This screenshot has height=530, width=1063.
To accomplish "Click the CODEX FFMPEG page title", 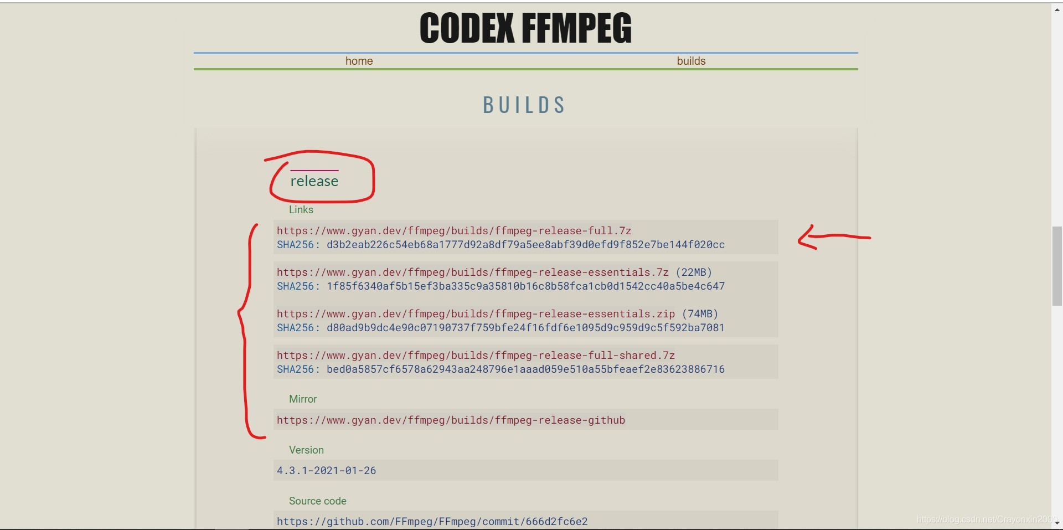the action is tap(525, 28).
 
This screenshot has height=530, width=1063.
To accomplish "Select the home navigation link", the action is tap(359, 61).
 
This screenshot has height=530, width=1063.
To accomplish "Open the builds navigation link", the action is tap(691, 61).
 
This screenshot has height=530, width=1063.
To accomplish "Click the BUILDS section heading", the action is tap(524, 105).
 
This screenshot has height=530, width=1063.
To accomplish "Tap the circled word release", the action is tap(314, 181).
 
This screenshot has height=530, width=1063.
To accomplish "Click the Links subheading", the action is tap(301, 209).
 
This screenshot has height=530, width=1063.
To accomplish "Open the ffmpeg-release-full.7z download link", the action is tap(454, 230).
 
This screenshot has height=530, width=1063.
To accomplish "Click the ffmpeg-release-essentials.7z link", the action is tap(473, 272).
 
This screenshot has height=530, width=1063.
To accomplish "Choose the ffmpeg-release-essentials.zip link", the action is tap(476, 313).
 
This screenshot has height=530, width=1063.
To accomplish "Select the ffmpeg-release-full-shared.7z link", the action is tap(476, 355).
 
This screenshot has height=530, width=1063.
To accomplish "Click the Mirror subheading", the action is tap(303, 399).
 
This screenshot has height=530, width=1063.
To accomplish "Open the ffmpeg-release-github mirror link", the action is tap(451, 420).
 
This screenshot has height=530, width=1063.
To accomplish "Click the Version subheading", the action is tap(306, 450).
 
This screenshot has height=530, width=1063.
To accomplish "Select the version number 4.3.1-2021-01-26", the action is tap(327, 470).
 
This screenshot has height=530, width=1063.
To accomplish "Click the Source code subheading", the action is tap(318, 501).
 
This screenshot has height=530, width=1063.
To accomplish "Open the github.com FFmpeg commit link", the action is tap(432, 521).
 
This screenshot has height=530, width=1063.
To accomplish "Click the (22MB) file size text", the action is tap(694, 272).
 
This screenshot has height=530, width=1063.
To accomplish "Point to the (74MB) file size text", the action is tap(700, 313).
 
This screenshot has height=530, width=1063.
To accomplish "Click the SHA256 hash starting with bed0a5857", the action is tap(525, 369).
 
